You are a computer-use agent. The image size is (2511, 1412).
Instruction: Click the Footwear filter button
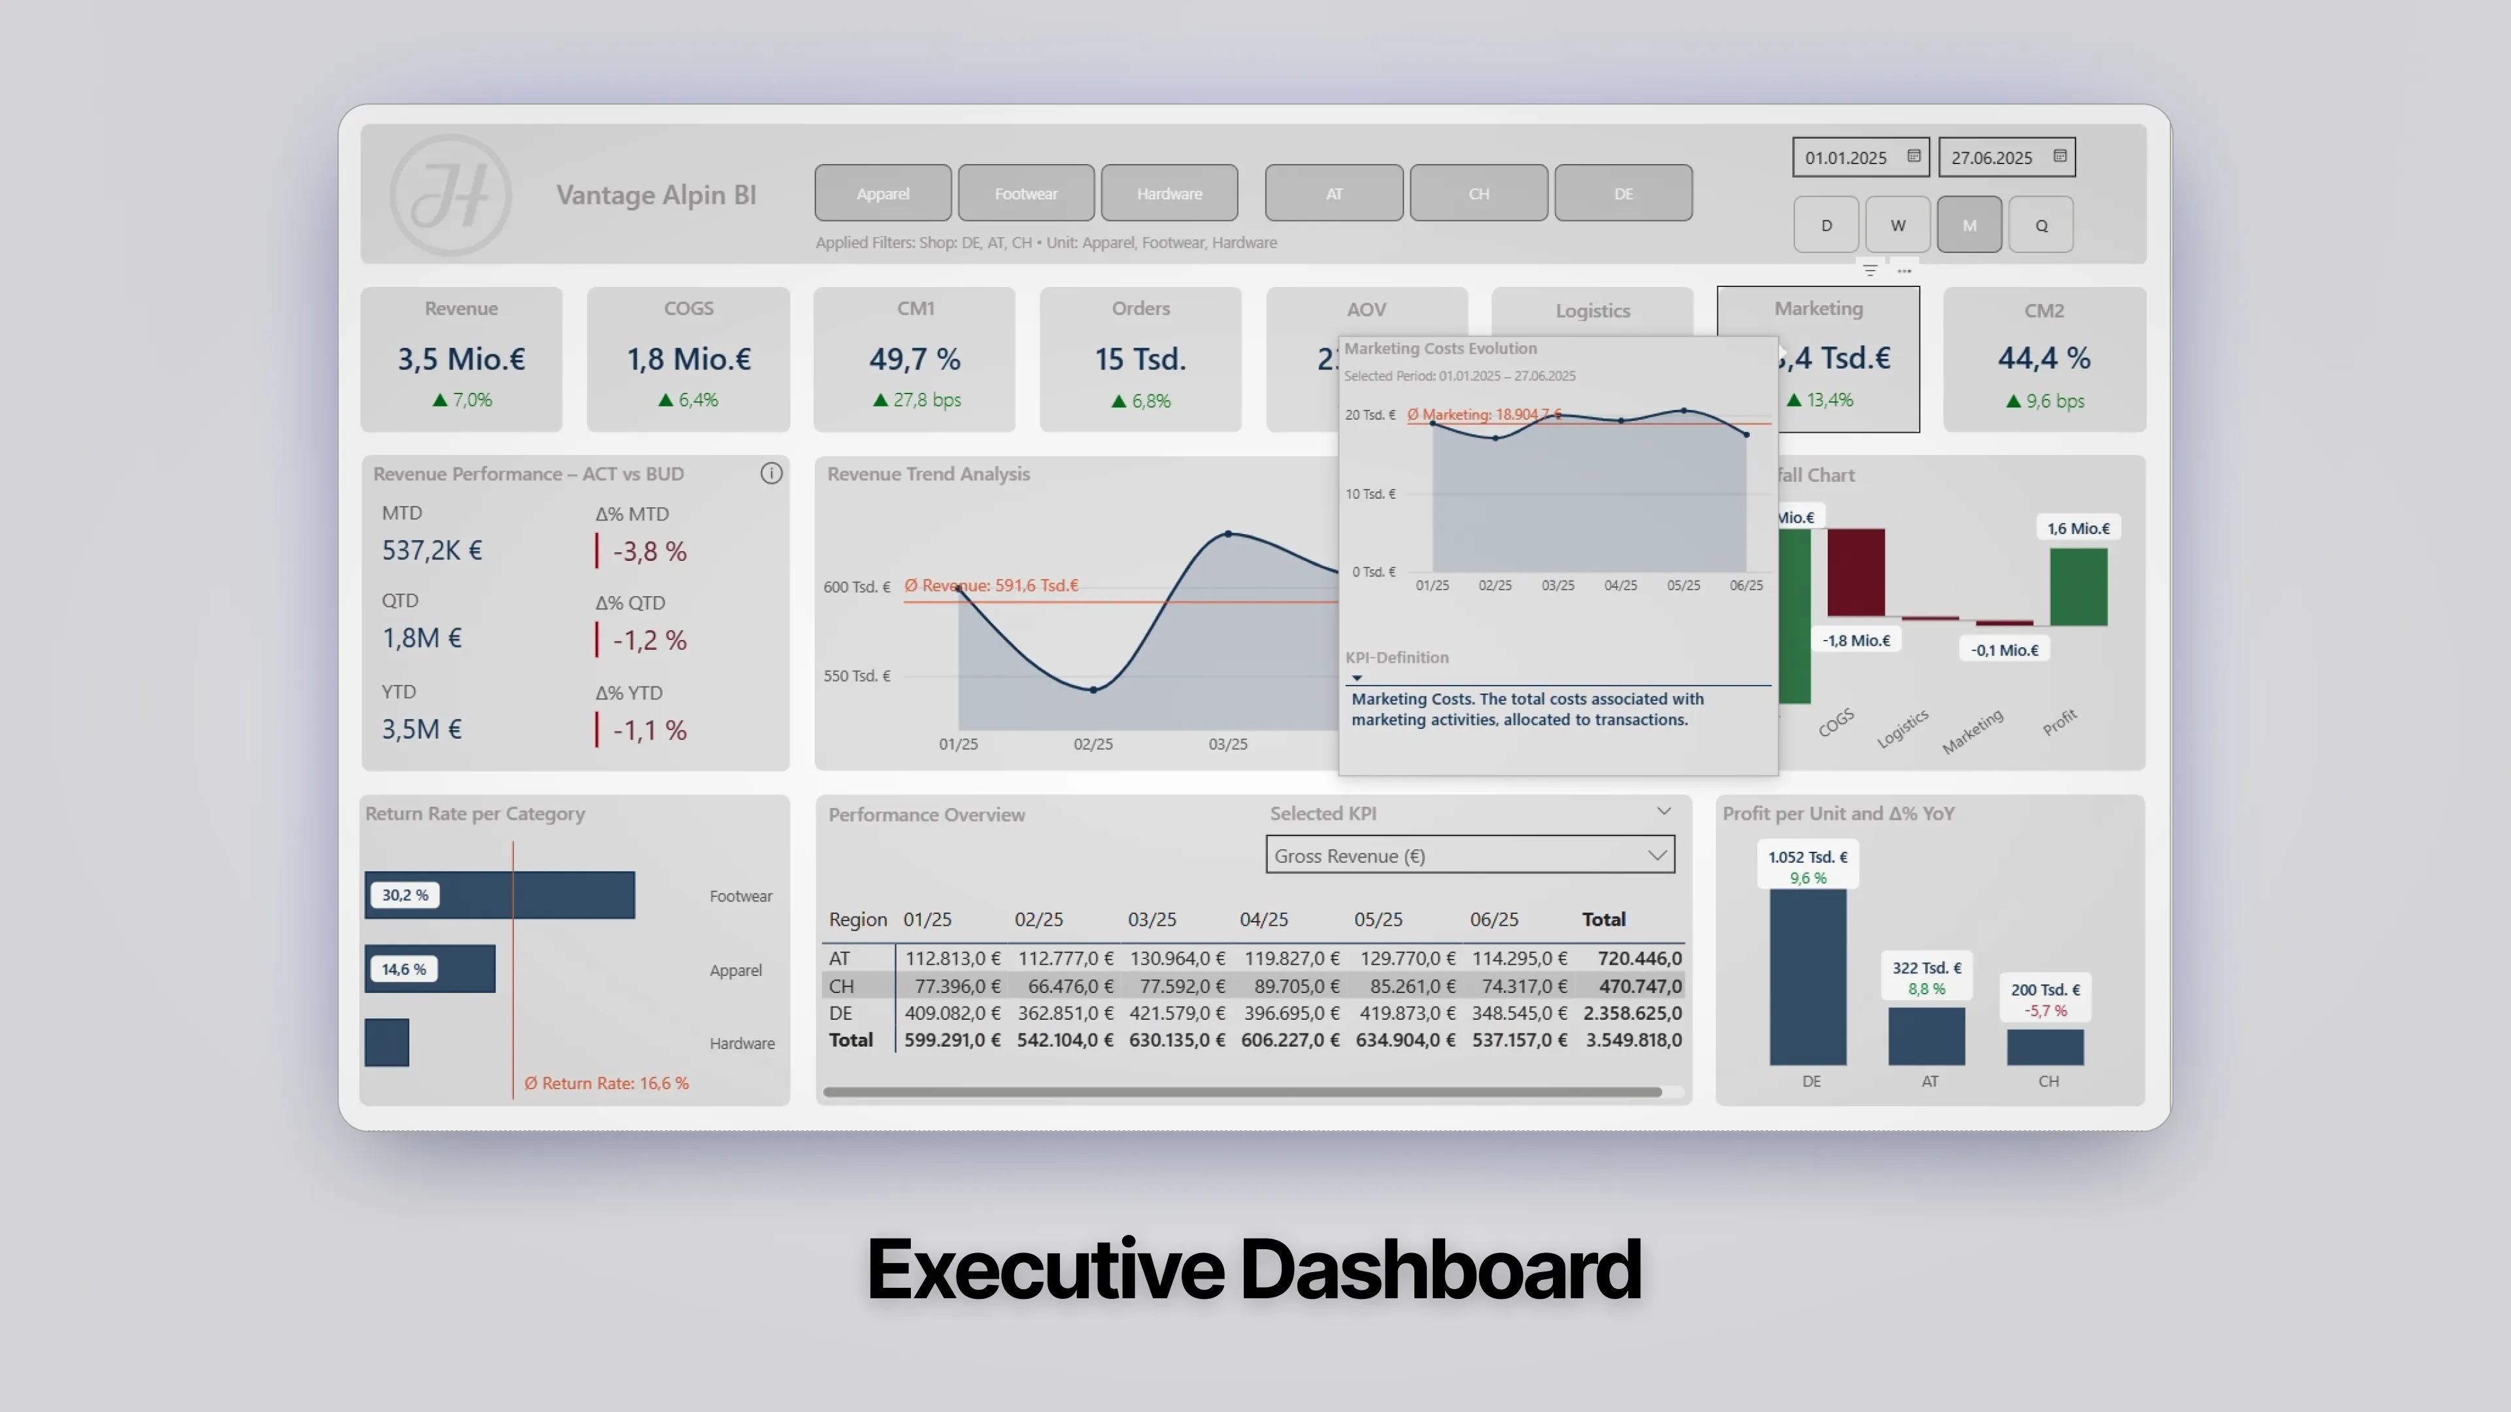tap(1025, 193)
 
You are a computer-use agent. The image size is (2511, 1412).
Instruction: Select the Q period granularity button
tap(2040, 225)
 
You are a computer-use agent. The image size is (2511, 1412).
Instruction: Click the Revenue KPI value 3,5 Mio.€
tap(461, 359)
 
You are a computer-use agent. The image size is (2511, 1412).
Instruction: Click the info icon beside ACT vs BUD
tap(771, 473)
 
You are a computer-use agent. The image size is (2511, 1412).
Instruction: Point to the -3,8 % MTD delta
tap(649, 552)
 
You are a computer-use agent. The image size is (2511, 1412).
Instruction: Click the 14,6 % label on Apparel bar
tap(403, 969)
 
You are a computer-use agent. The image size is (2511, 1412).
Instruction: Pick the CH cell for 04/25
tap(1291, 986)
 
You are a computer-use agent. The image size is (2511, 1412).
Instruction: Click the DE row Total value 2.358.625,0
tap(1631, 1013)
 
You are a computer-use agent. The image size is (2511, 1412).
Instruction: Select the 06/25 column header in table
tap(1494, 919)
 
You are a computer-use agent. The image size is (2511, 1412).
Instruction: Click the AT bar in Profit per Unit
tap(1926, 1036)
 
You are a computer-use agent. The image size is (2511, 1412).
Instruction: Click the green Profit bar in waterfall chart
tap(2078, 586)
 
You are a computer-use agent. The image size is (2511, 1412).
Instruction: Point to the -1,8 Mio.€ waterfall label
tap(1856, 640)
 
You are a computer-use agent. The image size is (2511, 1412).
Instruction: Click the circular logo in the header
tap(451, 195)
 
